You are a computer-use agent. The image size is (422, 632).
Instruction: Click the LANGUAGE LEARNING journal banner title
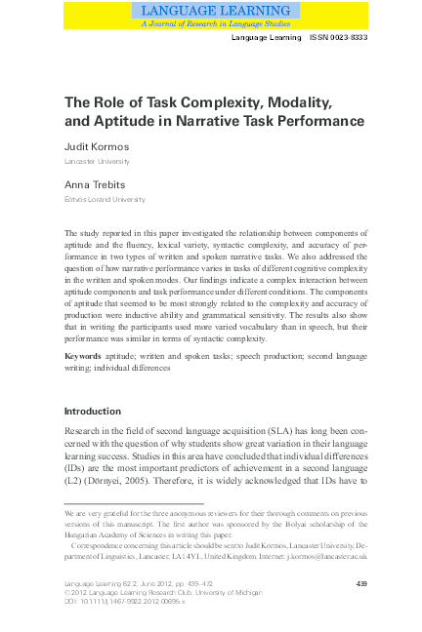[211, 10]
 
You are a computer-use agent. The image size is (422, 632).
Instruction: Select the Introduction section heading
[93, 412]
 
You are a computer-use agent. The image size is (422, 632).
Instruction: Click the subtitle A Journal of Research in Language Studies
[211, 22]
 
